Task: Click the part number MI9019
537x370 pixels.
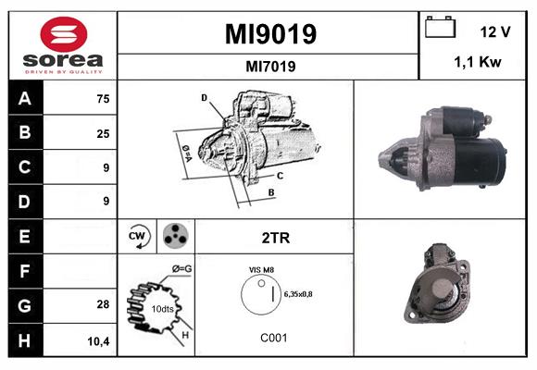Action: click(x=270, y=34)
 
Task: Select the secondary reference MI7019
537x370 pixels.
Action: click(x=270, y=66)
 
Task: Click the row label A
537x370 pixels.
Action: click(x=25, y=98)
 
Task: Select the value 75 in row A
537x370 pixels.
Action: click(x=102, y=99)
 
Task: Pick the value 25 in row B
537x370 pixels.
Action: click(x=102, y=133)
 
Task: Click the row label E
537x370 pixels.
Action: click(x=25, y=236)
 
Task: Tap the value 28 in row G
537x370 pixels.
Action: click(x=102, y=304)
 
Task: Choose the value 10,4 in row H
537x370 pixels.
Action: click(x=99, y=339)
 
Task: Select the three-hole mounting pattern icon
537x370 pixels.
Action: click(x=175, y=237)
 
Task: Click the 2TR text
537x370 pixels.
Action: click(x=276, y=237)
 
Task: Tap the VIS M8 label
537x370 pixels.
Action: click(x=261, y=269)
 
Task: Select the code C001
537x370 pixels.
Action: click(x=273, y=338)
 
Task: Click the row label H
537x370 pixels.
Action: click(x=25, y=339)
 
